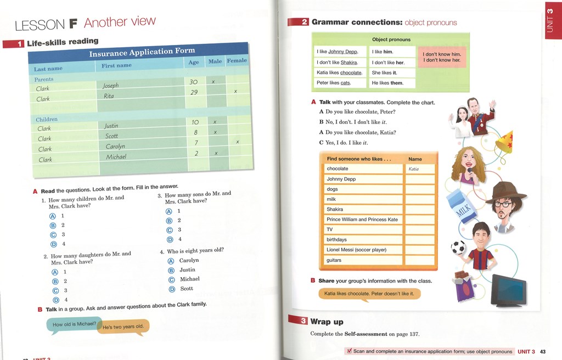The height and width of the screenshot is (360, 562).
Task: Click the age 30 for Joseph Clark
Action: [x=193, y=82]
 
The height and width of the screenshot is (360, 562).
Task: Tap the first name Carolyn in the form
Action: [x=115, y=147]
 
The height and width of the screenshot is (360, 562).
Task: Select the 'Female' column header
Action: [x=237, y=60]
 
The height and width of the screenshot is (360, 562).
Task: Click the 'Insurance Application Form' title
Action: [x=142, y=52]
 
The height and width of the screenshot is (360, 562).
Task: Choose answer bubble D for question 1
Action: [x=53, y=244]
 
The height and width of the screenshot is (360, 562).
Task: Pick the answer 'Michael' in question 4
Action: [x=189, y=279]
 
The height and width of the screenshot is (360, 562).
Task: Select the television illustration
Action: [x=508, y=290]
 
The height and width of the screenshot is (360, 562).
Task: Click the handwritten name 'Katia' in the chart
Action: [x=414, y=169]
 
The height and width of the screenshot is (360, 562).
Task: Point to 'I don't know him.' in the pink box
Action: [x=441, y=54]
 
